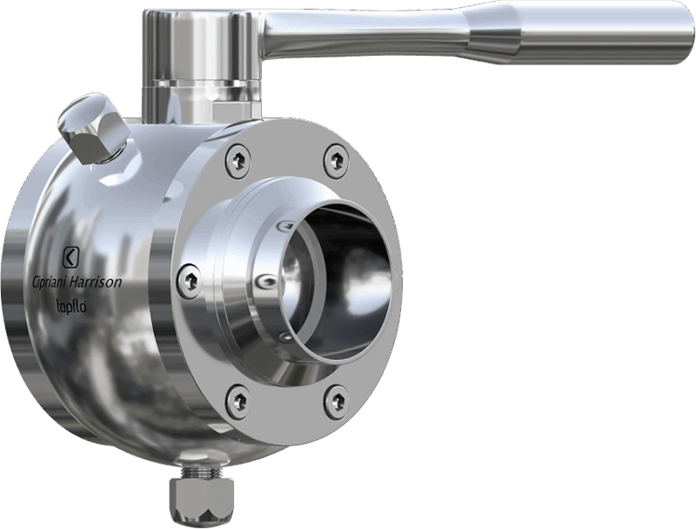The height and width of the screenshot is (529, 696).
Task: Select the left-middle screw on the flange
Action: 189,279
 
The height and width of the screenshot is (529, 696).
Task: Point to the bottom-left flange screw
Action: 238,398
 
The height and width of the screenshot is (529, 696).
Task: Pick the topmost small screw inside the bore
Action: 280,228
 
